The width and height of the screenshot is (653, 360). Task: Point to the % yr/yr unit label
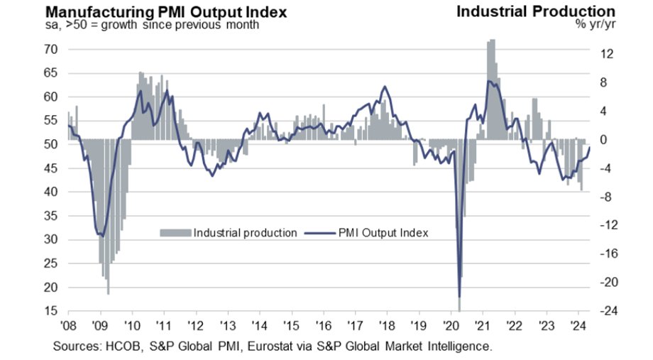[596, 24]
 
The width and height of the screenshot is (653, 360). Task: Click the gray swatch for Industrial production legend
[175, 232]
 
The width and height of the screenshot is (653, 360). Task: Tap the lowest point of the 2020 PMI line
[459, 296]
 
